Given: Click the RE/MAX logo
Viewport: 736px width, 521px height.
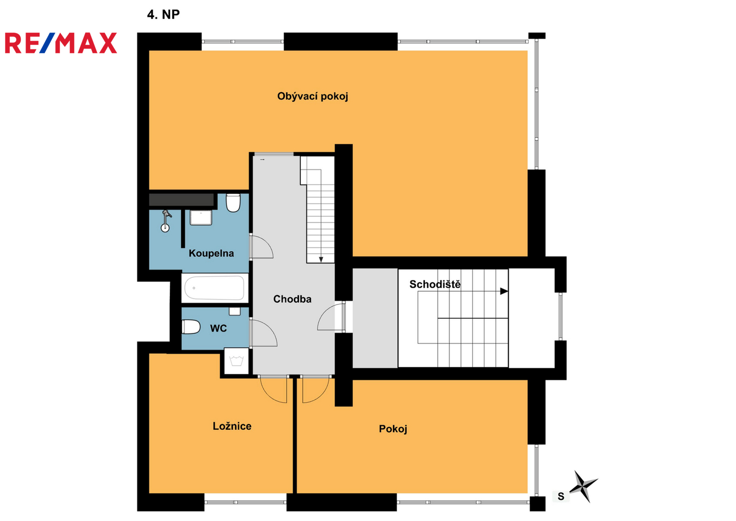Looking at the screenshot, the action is pyautogui.click(x=61, y=43).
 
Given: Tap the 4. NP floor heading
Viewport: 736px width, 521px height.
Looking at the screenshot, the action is pyautogui.click(x=163, y=14).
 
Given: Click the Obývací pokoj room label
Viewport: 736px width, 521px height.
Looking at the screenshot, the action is pyautogui.click(x=312, y=96).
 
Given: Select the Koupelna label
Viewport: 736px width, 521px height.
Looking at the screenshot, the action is pyautogui.click(x=211, y=253).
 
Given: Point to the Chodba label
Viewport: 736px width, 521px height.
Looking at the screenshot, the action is pyautogui.click(x=292, y=299).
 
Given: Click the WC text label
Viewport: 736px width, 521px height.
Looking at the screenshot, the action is pyautogui.click(x=218, y=328).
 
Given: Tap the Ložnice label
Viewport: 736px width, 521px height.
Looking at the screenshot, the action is pyautogui.click(x=232, y=426).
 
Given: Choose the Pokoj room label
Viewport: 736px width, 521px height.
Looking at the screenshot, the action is pyautogui.click(x=393, y=429).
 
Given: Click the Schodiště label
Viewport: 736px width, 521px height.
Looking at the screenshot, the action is pyautogui.click(x=435, y=284).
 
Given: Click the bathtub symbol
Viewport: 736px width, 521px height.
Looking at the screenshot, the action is pyautogui.click(x=214, y=288).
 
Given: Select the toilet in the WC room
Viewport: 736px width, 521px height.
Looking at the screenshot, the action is pyautogui.click(x=191, y=327).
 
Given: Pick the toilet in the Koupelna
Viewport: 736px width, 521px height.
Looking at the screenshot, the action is pyautogui.click(x=233, y=203).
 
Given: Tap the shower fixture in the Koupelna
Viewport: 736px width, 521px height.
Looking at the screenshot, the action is pyautogui.click(x=166, y=221).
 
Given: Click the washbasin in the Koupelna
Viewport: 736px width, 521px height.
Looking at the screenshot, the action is pyautogui.click(x=201, y=218).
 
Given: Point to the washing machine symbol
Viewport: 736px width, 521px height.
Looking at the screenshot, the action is pyautogui.click(x=237, y=361).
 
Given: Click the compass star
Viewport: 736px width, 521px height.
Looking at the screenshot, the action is pyautogui.click(x=583, y=486).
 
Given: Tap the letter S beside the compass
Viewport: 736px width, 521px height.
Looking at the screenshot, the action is pyautogui.click(x=561, y=496).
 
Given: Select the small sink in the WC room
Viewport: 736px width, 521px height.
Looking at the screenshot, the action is pyautogui.click(x=235, y=311).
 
